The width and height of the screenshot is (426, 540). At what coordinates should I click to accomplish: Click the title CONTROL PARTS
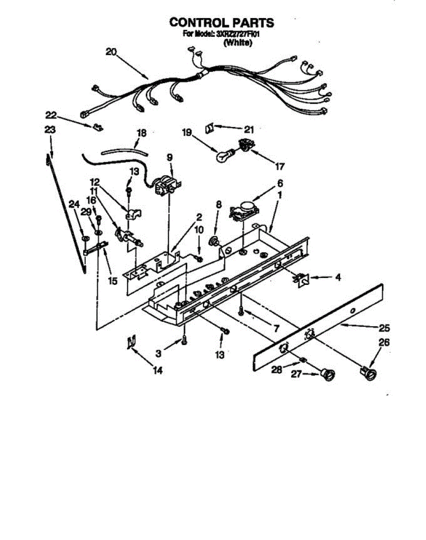pyautogui.click(x=221, y=22)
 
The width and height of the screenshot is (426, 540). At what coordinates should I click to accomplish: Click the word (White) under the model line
pyautogui.click(x=238, y=43)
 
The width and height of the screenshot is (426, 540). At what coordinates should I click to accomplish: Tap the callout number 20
pyautogui.click(x=111, y=52)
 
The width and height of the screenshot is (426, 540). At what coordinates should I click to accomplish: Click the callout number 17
pyautogui.click(x=279, y=166)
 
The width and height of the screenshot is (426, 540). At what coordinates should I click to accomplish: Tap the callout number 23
pyautogui.click(x=50, y=130)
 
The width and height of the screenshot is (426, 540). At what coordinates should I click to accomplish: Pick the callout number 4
pyautogui.click(x=337, y=278)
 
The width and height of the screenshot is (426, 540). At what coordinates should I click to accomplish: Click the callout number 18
pyautogui.click(x=142, y=133)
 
